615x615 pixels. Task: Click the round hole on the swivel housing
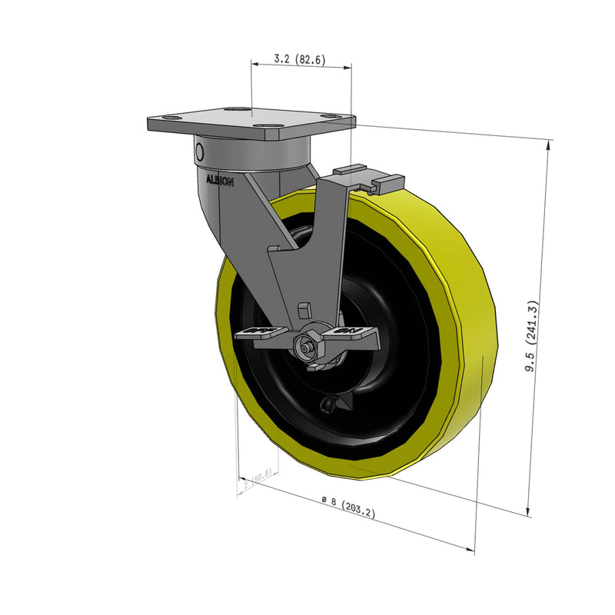click(199, 149)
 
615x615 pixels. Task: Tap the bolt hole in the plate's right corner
click(331, 117)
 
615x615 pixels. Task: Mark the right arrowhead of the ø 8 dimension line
click(470, 548)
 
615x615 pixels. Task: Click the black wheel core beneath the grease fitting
click(338, 430)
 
